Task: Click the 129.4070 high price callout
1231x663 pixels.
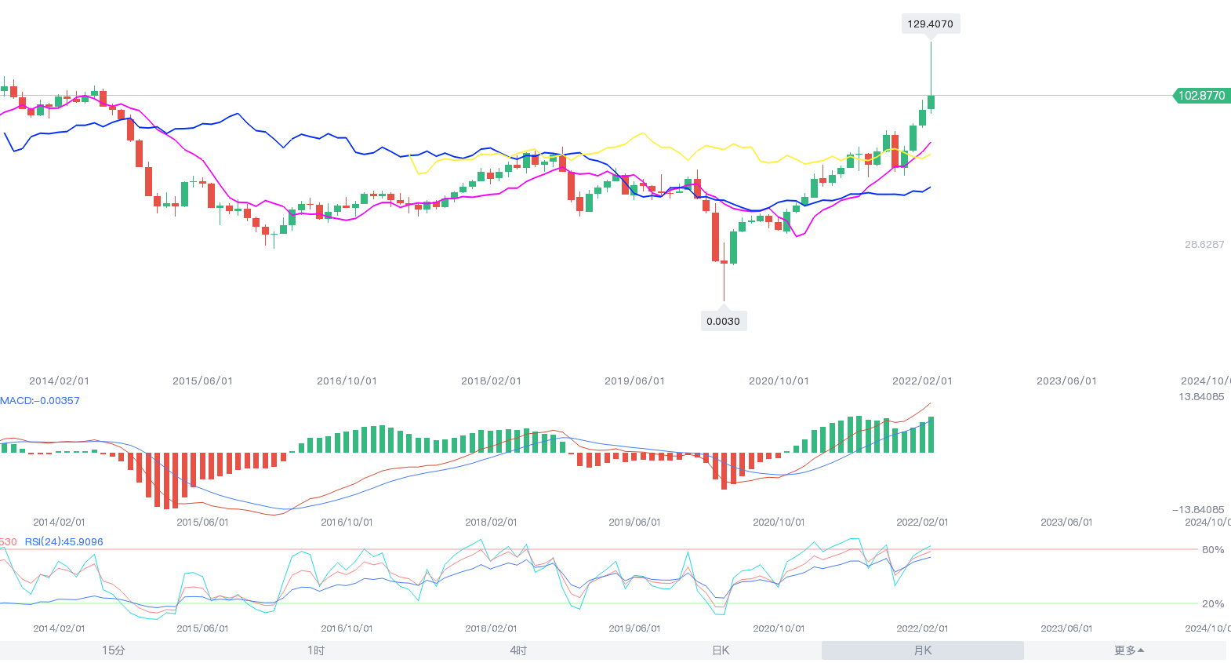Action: click(x=931, y=24)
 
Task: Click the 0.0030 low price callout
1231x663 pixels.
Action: click(x=723, y=321)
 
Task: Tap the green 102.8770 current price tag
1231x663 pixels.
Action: click(x=1200, y=96)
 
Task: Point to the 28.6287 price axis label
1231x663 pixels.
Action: click(x=1204, y=245)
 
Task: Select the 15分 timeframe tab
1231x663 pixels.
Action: click(x=114, y=650)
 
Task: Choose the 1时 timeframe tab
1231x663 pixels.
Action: click(x=316, y=650)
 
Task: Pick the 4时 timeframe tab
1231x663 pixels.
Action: click(x=518, y=650)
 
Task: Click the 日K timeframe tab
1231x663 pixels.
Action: click(x=721, y=650)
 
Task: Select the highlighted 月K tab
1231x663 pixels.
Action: click(x=923, y=650)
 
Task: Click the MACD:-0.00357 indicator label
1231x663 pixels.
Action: click(x=40, y=401)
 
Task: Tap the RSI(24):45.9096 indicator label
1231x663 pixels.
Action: click(x=64, y=542)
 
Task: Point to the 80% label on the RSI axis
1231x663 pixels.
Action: click(x=1213, y=550)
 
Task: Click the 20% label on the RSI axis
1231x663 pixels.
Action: click(x=1213, y=604)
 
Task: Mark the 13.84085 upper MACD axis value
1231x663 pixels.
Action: click(x=1201, y=397)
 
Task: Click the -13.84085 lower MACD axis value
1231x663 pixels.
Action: click(x=1198, y=510)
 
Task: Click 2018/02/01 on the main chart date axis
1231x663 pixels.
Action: click(x=491, y=381)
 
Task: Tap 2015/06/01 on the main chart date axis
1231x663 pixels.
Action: click(x=202, y=381)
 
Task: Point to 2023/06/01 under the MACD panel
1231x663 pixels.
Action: click(x=1066, y=523)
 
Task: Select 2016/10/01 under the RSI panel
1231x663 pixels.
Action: click(x=347, y=628)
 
